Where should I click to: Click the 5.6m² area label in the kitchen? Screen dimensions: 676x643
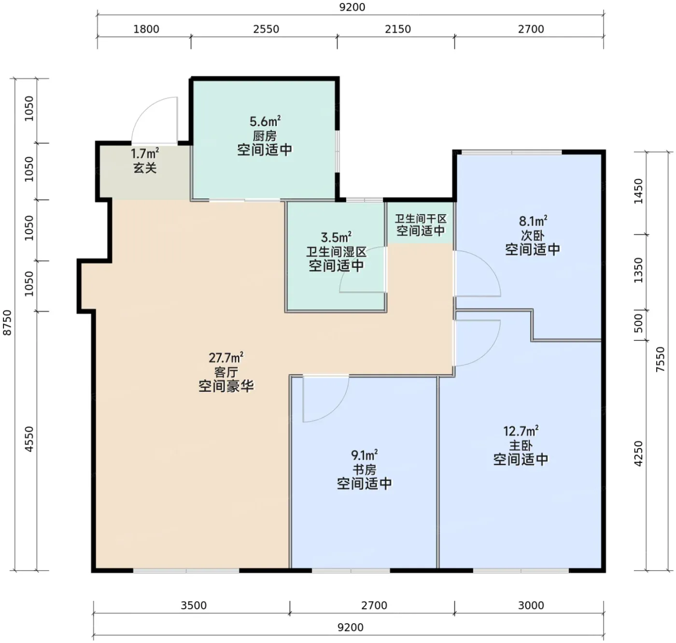coord(265,121)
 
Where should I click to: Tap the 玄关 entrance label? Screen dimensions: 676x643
coord(145,168)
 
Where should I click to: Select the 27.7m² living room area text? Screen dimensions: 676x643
coord(226,358)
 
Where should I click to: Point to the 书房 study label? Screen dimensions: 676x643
coord(364,469)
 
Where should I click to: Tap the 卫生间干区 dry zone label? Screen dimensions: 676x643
coord(421,219)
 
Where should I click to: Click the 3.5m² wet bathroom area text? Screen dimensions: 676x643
coord(336,237)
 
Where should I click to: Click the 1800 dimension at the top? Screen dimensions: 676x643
coord(146,29)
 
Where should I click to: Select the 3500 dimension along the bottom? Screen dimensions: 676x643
coord(194,605)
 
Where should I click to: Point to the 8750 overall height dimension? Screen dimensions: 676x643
coord(7,322)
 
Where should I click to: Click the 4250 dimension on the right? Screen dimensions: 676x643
coord(638,454)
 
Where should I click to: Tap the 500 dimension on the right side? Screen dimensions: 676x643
coord(638,323)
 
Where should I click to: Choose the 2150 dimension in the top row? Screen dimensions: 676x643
coord(398,29)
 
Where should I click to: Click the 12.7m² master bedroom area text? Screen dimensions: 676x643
coord(521,431)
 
